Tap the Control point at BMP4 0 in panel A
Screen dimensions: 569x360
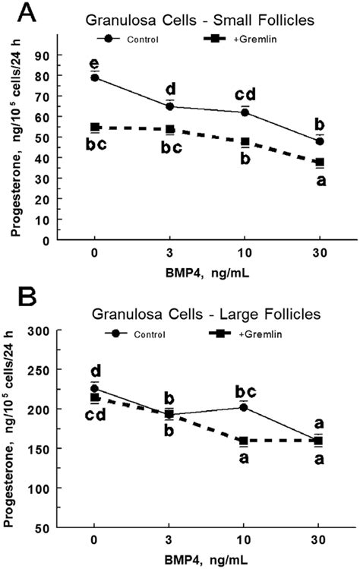point(95,77)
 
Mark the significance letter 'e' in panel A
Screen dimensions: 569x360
point(95,62)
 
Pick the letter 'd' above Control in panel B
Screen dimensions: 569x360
point(95,370)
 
